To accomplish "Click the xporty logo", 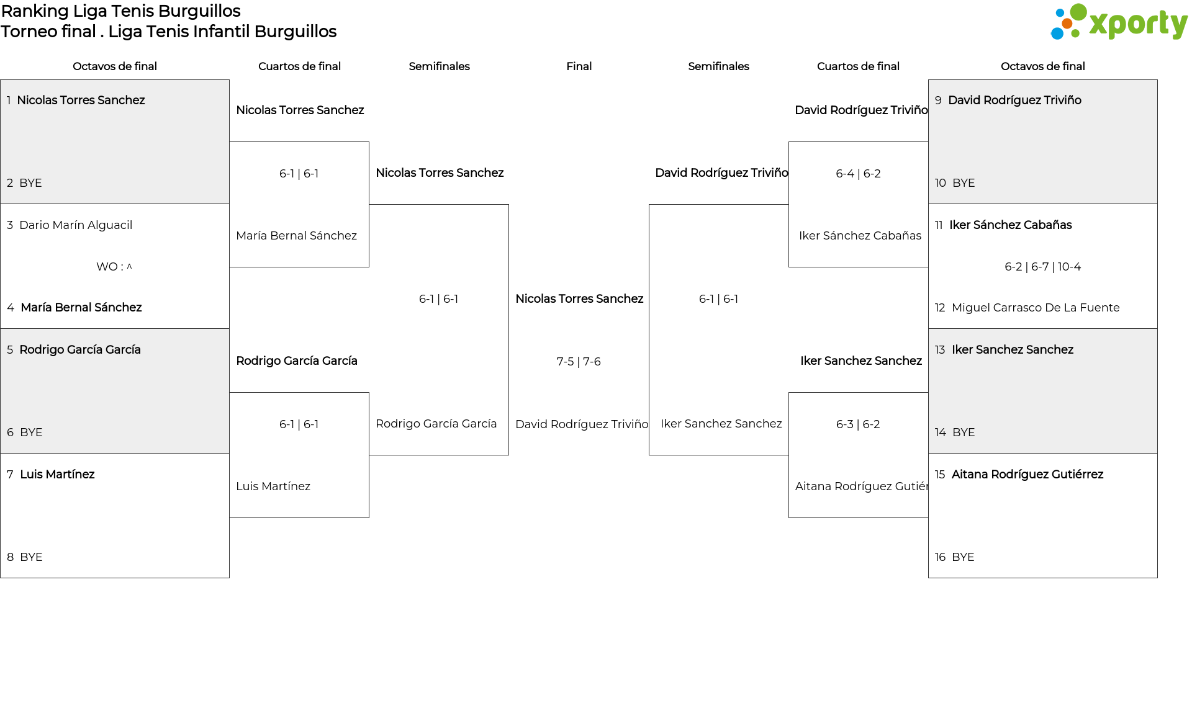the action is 1119,22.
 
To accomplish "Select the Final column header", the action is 579,66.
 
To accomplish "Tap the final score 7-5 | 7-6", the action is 579,362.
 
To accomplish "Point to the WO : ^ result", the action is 114,267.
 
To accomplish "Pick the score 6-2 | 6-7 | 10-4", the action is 1043,267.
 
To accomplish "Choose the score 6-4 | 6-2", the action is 858,174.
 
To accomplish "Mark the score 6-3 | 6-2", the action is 858,424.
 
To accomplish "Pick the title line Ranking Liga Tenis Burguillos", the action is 121,11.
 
